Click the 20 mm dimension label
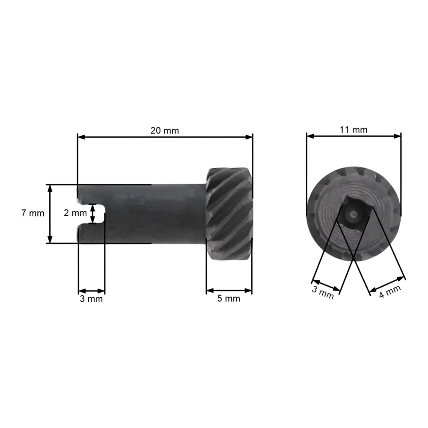pyautogui.click(x=165, y=131)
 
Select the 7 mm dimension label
pyautogui.click(x=33, y=213)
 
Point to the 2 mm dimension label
pyautogui.click(x=75, y=213)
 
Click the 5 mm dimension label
pyautogui.click(x=229, y=298)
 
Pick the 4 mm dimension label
pyautogui.click(x=390, y=291)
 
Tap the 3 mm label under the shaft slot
pyautogui.click(x=91, y=299)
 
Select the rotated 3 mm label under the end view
pyautogui.click(x=323, y=293)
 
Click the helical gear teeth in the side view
pyautogui.click(x=229, y=214)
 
